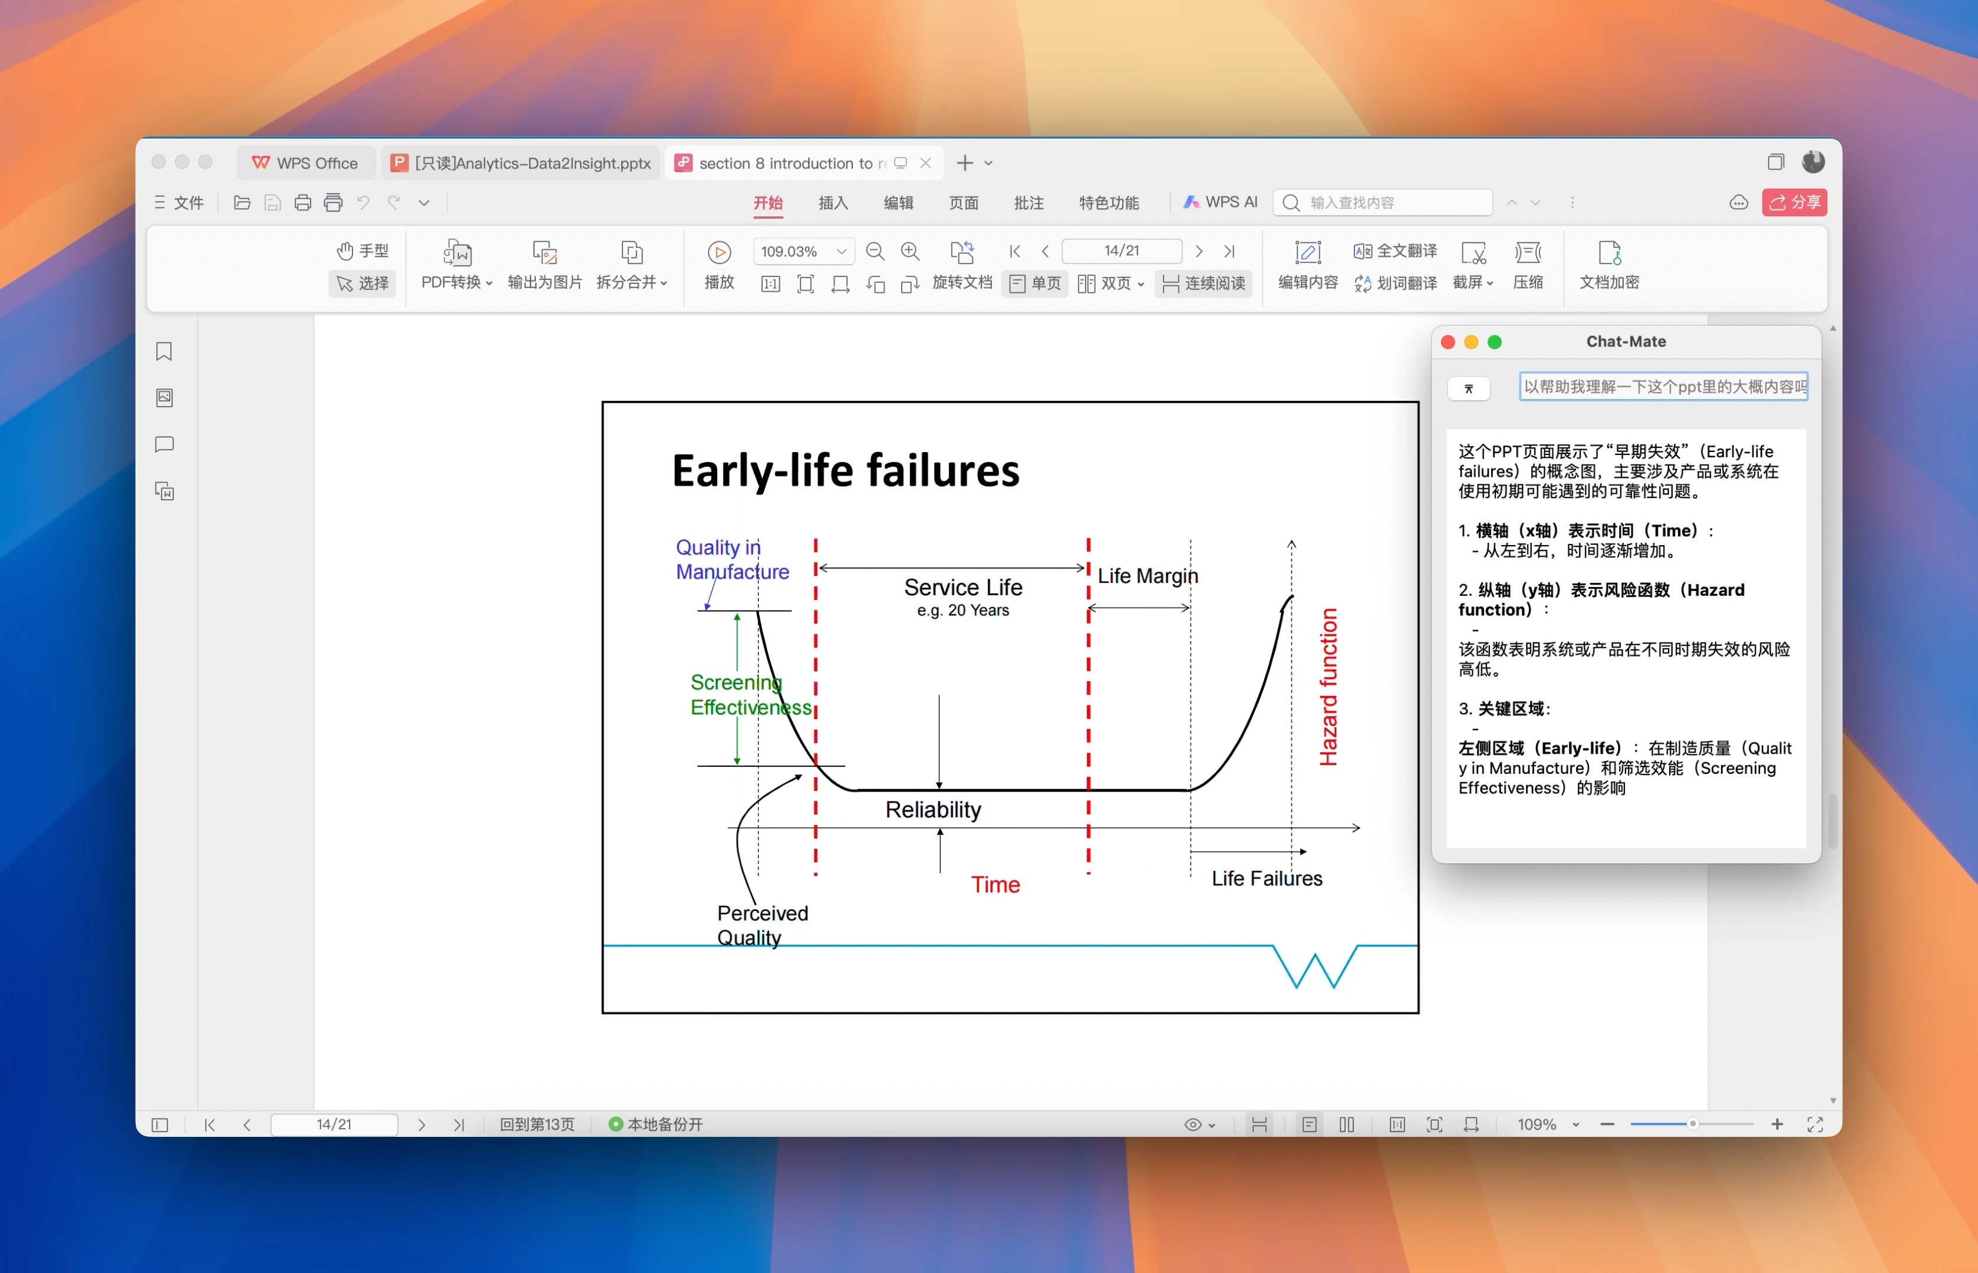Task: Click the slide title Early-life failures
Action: [x=846, y=470]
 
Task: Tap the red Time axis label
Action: [x=995, y=885]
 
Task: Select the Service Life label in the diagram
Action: [x=963, y=587]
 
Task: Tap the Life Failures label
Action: [x=1267, y=878]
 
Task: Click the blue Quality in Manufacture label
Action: [x=733, y=560]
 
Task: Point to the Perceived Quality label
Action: [x=762, y=925]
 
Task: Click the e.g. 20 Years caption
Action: [x=963, y=610]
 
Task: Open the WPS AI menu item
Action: [x=1220, y=202]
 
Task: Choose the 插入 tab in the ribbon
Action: [x=832, y=203]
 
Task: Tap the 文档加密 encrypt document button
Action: [x=1608, y=265]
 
